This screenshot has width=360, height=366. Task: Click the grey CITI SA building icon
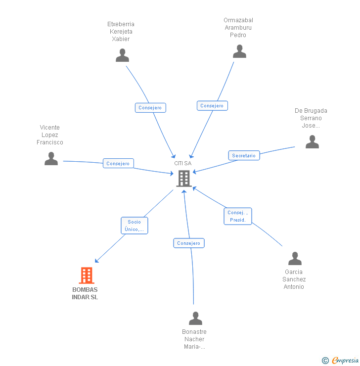click(184, 178)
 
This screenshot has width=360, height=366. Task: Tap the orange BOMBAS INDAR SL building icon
click(87, 275)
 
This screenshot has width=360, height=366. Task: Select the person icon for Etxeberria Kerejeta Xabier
click(122, 55)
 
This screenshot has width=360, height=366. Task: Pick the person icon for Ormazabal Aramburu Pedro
click(239, 51)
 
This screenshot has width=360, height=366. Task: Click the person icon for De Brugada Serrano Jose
click(312, 142)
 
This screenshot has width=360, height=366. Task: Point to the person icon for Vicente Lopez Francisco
click(51, 159)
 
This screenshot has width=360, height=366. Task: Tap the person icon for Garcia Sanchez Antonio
click(295, 258)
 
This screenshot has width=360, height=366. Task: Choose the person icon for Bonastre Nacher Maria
click(195, 318)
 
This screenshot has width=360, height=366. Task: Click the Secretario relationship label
click(244, 155)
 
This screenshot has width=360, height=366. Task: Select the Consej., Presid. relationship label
click(238, 216)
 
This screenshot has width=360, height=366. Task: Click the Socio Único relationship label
click(134, 226)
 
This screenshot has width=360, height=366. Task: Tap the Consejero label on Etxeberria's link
click(150, 108)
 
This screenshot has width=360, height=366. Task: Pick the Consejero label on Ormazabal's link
click(212, 105)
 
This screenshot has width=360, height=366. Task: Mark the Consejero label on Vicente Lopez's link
click(118, 163)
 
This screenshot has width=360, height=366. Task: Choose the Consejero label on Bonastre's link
click(189, 243)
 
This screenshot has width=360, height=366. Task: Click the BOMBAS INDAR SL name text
click(85, 293)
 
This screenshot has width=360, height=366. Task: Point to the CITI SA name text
click(182, 163)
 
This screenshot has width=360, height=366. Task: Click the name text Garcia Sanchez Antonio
click(294, 279)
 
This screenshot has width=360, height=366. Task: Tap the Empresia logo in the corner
click(342, 361)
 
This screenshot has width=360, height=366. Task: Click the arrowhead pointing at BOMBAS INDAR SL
click(97, 261)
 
